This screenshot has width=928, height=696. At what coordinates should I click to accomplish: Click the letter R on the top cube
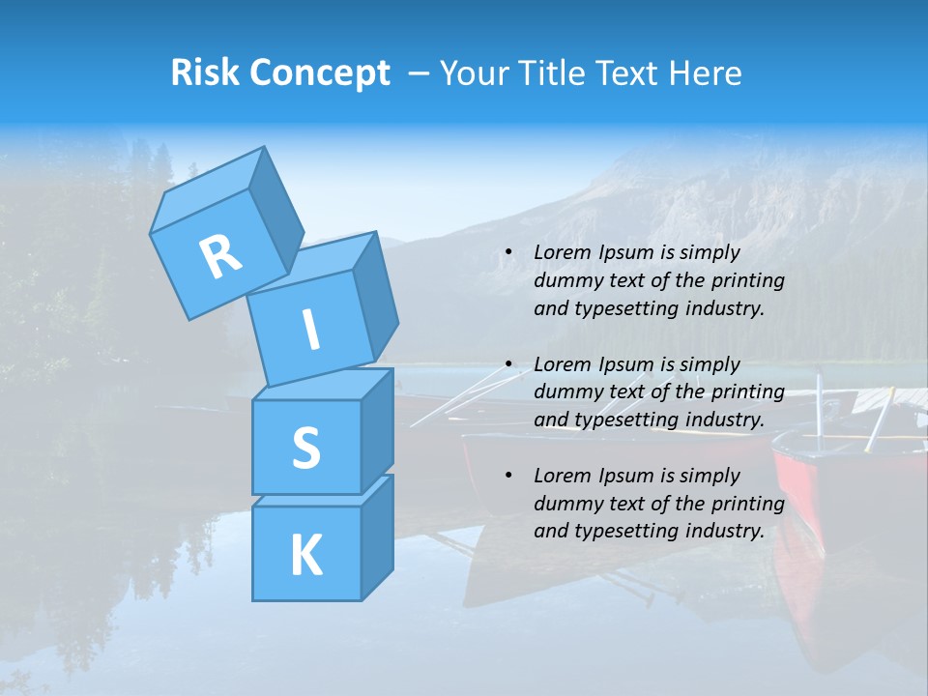click(x=220, y=256)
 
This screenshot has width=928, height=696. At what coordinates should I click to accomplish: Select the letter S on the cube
click(x=305, y=448)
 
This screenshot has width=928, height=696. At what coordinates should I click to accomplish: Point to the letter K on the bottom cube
click(x=305, y=556)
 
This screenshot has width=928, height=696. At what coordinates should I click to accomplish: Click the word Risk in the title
click(x=204, y=73)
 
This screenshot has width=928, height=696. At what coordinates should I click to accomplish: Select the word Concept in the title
click(x=318, y=73)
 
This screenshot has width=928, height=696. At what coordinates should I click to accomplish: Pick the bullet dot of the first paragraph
click(x=508, y=253)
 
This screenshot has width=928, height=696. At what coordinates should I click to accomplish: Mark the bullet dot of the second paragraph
click(x=508, y=365)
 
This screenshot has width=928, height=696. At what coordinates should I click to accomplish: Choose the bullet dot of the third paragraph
click(x=508, y=477)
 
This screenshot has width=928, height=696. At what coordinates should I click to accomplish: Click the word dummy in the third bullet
click(x=565, y=504)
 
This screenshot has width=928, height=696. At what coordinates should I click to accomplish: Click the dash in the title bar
click(x=420, y=73)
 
